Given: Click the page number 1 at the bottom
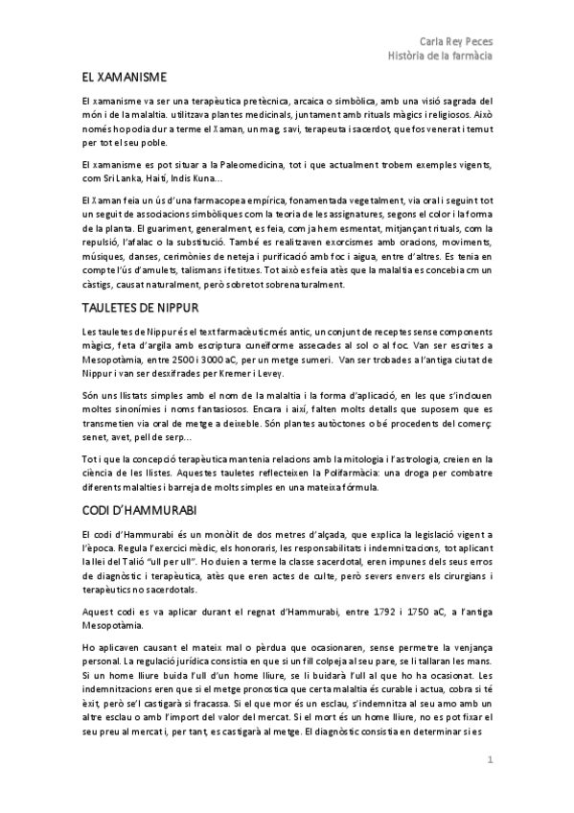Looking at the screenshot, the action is coord(490,761).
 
